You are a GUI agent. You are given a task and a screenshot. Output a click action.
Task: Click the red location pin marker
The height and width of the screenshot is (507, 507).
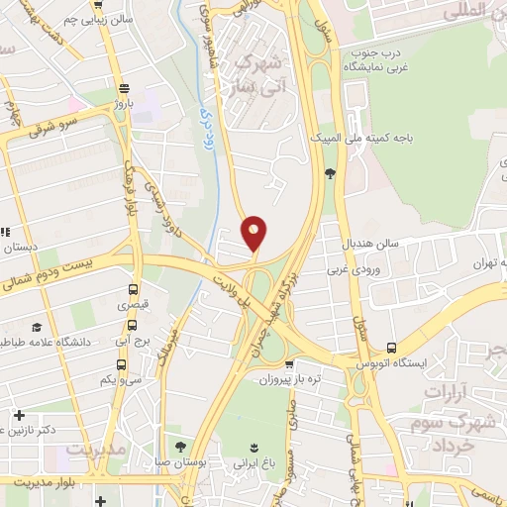point(254,233)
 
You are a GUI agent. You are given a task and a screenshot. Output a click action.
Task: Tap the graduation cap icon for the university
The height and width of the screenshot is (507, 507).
point(38,327)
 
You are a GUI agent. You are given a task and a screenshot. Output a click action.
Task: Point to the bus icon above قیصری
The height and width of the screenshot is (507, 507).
point(133,290)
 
